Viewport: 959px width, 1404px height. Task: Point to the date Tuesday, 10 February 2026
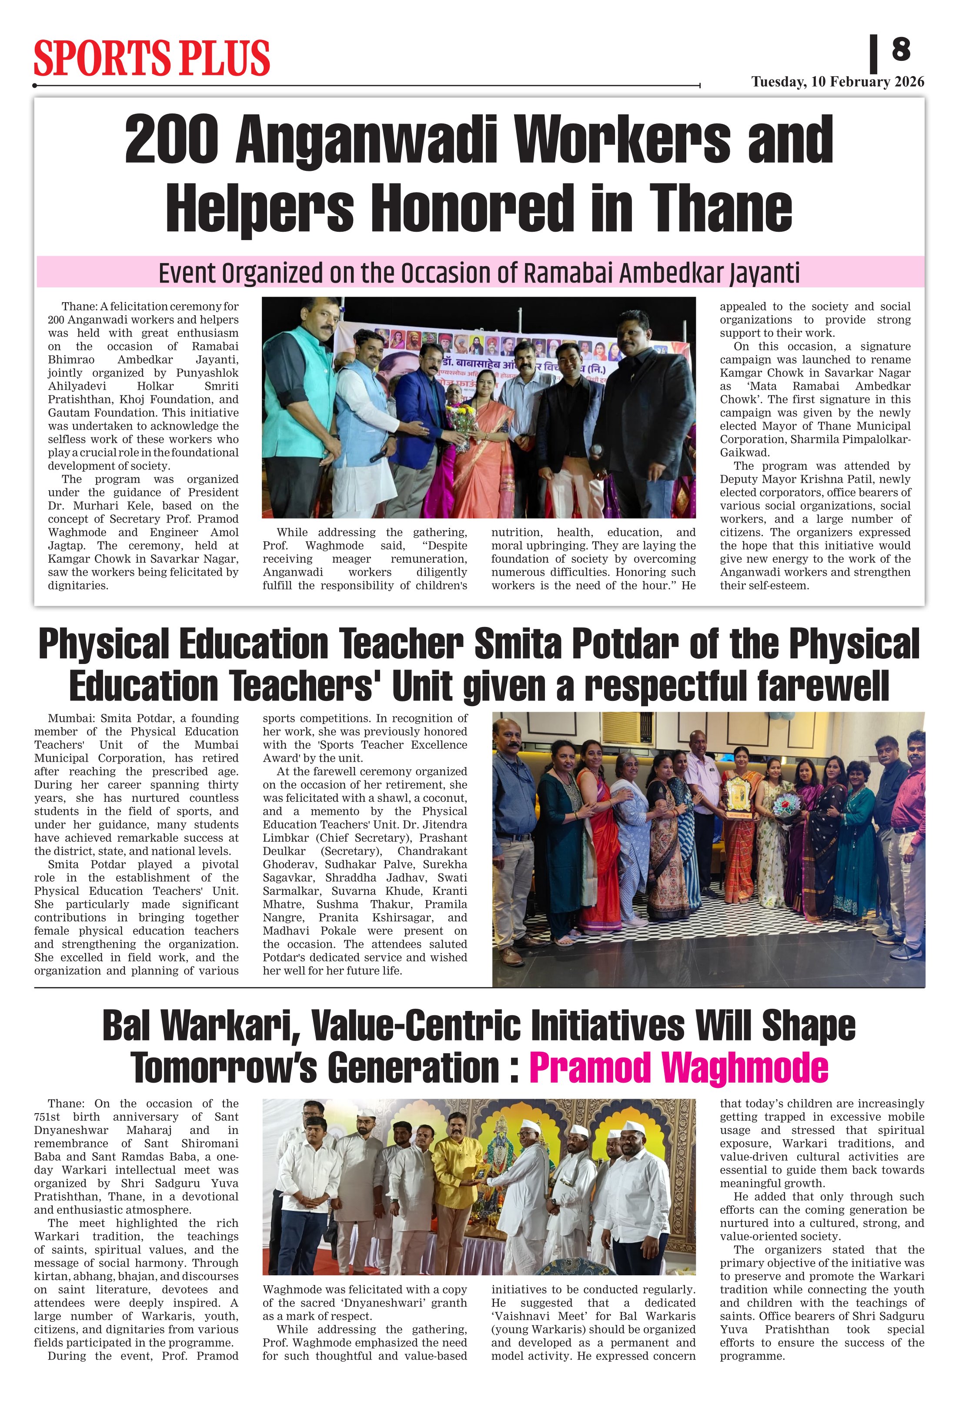point(838,82)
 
